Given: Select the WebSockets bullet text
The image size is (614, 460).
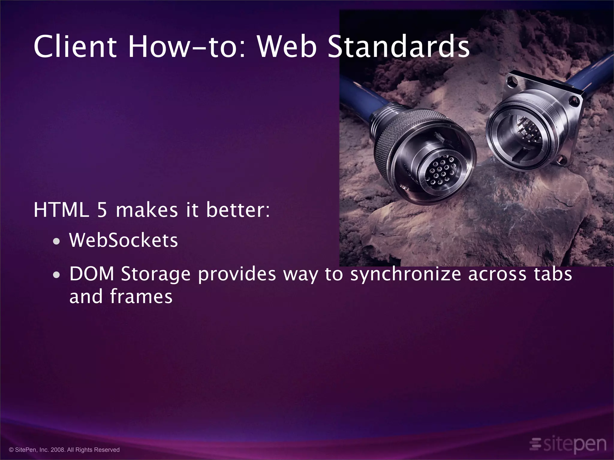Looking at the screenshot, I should (x=124, y=240).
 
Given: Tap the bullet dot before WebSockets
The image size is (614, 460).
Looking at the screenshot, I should (x=56, y=241).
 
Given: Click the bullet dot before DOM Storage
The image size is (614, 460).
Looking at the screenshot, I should (x=56, y=275).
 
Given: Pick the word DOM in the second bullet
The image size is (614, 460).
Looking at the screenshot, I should (x=92, y=274).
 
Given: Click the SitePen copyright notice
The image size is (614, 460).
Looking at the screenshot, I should (x=64, y=450).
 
